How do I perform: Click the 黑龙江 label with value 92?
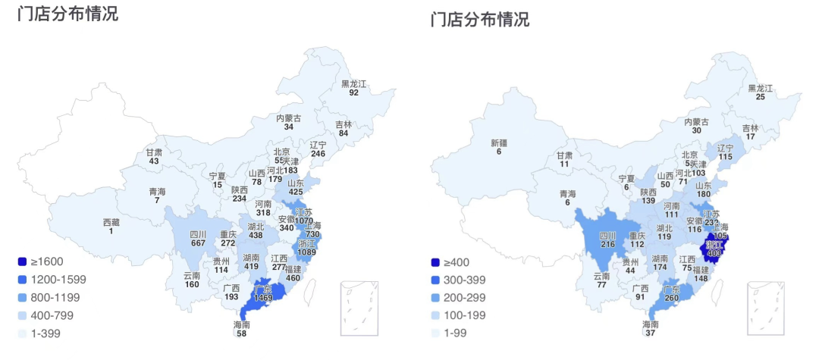(353, 83)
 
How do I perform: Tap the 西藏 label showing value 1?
(111, 222)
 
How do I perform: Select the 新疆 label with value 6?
(498, 142)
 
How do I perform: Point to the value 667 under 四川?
(197, 243)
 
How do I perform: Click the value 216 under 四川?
(607, 245)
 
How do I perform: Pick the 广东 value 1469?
(263, 298)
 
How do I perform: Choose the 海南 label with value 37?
(651, 324)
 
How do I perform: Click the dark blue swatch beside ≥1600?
(23, 261)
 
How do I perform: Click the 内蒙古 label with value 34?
(288, 118)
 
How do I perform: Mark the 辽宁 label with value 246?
(318, 145)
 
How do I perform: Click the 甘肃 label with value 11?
(564, 155)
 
